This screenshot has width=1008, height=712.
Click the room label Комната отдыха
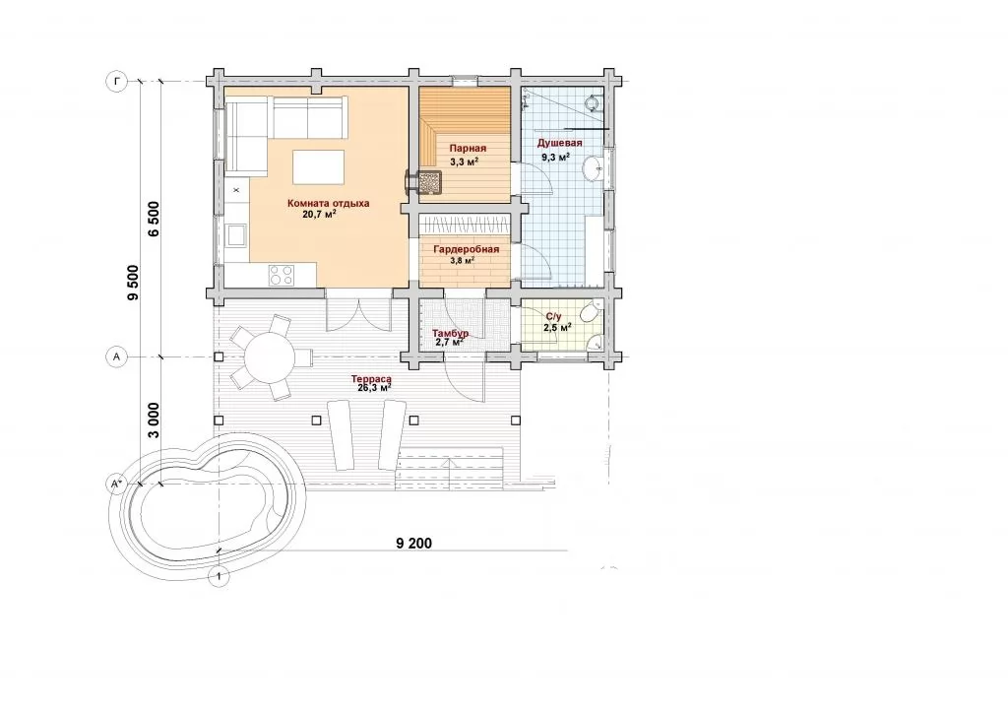328,203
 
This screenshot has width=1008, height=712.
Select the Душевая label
559,143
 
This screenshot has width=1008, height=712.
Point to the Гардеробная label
466,249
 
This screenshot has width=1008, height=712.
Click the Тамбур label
450,334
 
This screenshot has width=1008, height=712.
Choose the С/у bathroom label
553,316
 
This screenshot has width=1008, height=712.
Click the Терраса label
371,379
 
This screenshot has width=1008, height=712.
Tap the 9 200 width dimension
414,544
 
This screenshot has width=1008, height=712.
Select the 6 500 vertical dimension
154,219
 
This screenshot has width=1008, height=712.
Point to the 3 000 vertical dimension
154,420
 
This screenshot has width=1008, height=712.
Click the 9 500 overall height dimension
133,283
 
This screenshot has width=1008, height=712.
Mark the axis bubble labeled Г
116,82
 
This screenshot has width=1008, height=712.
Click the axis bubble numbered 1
220,577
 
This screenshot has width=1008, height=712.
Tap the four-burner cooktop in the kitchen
281,276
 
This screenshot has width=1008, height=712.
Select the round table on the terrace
270,356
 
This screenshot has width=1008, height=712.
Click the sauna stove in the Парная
431,181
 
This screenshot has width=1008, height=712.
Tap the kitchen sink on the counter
236,234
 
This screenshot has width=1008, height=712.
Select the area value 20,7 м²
320,214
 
